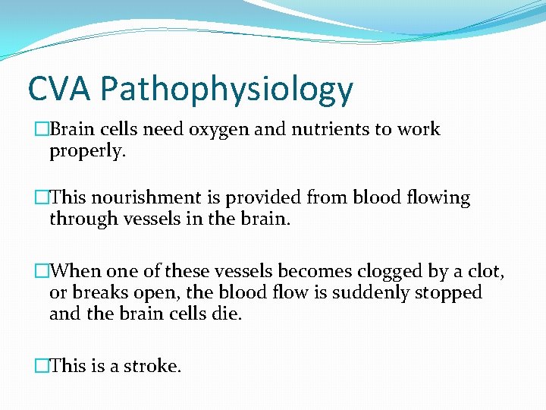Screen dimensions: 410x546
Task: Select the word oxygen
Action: coord(227,130)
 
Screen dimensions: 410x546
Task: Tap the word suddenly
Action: coord(369,292)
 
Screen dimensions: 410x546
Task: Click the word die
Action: coord(227,314)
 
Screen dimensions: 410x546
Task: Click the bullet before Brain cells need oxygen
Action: coord(41,130)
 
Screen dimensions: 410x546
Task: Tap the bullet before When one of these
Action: coord(41,271)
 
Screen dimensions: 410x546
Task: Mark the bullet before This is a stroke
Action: coord(41,366)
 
